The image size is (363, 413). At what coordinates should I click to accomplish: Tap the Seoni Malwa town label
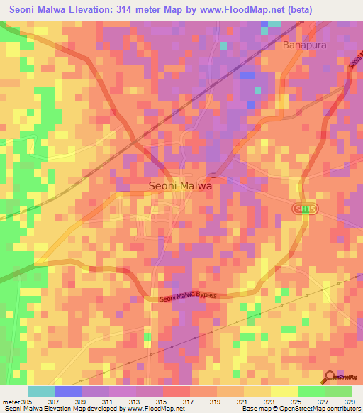180,185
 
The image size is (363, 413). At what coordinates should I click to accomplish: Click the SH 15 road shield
303,207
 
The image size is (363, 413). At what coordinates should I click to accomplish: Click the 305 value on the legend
27,401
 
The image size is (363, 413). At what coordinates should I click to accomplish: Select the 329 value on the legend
351,401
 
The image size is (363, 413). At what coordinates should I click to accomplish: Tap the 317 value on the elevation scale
189,401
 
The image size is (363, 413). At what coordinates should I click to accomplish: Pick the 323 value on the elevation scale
270,401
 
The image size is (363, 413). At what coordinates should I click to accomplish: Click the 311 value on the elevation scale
108,401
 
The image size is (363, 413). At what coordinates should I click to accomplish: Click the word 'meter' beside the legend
11,401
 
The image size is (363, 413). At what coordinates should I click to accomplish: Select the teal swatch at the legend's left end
42,391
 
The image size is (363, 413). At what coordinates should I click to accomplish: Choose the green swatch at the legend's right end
338,391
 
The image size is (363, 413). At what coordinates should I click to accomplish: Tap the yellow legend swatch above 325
284,391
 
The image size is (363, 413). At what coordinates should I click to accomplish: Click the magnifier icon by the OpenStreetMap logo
330,377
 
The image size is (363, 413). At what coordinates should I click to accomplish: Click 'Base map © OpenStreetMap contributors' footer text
300,409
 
